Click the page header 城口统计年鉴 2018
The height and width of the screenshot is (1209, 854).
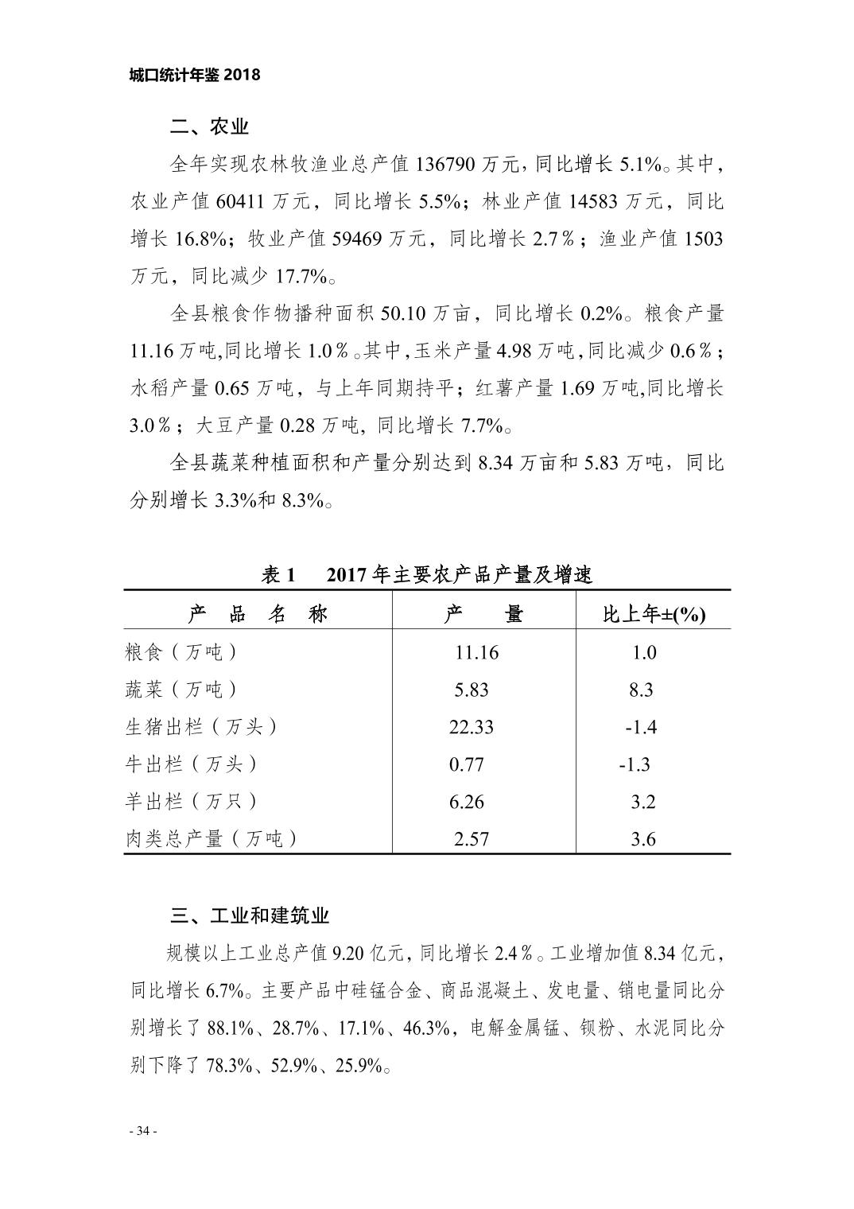pyautogui.click(x=194, y=75)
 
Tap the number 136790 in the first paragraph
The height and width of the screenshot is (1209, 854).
pyautogui.click(x=444, y=165)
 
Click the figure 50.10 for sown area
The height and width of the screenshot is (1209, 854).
pyautogui.click(x=404, y=313)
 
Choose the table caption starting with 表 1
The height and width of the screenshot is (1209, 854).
pyautogui.click(x=426, y=574)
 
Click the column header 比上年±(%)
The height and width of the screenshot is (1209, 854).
pyautogui.click(x=654, y=614)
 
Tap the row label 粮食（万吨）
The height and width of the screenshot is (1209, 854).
pyautogui.click(x=181, y=652)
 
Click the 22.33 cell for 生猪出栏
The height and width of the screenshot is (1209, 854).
pyautogui.click(x=472, y=727)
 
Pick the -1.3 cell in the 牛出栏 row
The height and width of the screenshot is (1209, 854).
pyautogui.click(x=635, y=764)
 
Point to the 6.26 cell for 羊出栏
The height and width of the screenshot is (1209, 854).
pyautogui.click(x=466, y=802)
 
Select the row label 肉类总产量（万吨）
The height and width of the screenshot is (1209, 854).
pyautogui.click(x=212, y=838)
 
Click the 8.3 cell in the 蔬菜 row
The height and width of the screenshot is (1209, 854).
pyautogui.click(x=641, y=690)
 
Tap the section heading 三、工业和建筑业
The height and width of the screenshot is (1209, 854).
pyautogui.click(x=250, y=915)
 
